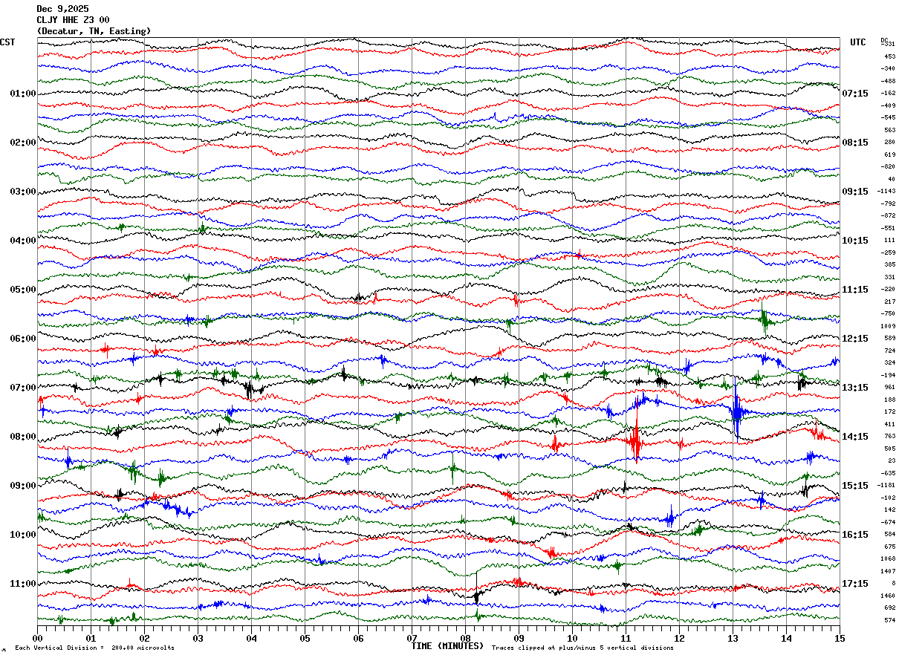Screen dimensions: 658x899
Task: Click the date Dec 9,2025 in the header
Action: tap(62, 9)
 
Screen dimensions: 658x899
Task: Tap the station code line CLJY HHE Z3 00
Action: tap(73, 20)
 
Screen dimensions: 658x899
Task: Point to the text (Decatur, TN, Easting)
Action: tap(94, 31)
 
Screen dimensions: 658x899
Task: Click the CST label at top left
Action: tap(7, 42)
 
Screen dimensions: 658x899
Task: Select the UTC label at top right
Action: tap(858, 42)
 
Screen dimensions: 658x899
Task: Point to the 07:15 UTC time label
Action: tap(854, 94)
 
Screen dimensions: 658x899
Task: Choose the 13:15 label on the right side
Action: tap(854, 388)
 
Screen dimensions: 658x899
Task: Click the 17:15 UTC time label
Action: tap(854, 584)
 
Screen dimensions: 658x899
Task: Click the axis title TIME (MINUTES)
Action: tap(447, 646)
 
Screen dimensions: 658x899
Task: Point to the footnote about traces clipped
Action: tap(582, 648)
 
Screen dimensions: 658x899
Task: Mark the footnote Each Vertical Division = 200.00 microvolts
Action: tap(94, 648)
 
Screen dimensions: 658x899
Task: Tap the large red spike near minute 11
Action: tap(635, 442)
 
